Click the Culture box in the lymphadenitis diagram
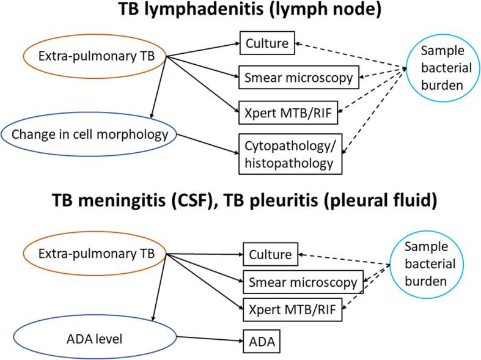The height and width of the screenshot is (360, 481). pyautogui.click(x=267, y=44)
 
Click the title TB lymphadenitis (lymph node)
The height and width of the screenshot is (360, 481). pyautogui.click(x=240, y=10)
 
